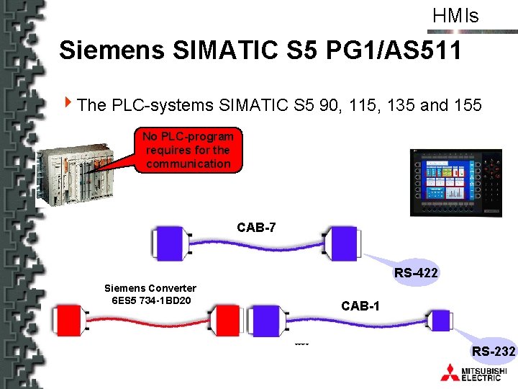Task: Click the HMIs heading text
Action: click(455, 16)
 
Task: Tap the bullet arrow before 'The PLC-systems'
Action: click(68, 104)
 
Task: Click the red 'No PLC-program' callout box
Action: click(188, 150)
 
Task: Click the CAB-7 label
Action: click(256, 228)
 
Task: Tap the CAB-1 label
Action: click(360, 306)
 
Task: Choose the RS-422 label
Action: click(416, 273)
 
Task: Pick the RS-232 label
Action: click(493, 351)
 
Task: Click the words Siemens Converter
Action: click(150, 288)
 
